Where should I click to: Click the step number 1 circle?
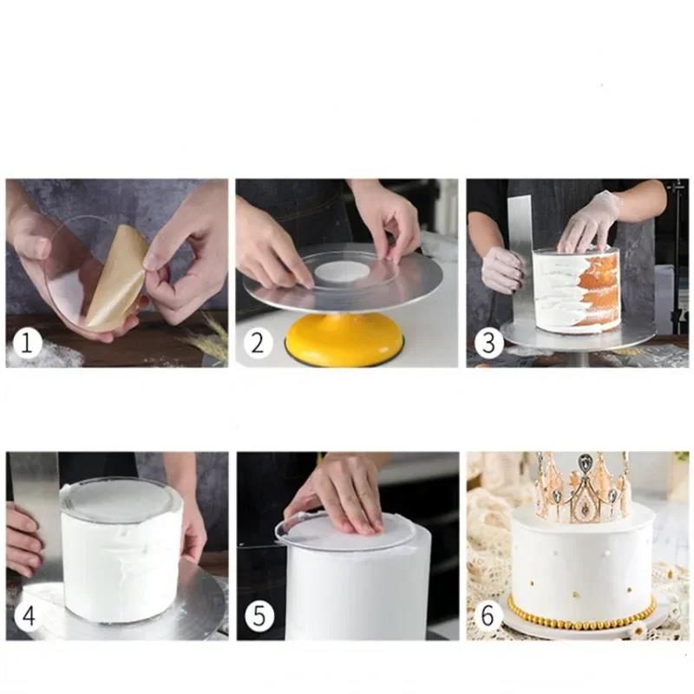point(27,344)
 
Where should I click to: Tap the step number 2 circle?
point(257,343)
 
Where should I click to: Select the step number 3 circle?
point(488,343)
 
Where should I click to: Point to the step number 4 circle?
point(27,617)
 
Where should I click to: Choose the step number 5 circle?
point(258,617)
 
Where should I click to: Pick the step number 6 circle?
point(488,617)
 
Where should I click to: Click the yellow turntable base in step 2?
point(344,340)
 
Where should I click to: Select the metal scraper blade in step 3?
point(520,252)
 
